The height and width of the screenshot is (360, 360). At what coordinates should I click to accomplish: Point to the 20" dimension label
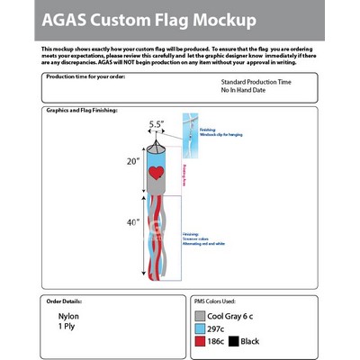click(132, 162)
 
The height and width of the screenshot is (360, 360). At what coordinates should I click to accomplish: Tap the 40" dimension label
click(132, 222)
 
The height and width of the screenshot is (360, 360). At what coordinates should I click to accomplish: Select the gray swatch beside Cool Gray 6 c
click(201, 316)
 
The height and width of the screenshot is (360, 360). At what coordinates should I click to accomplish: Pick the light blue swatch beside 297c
click(201, 329)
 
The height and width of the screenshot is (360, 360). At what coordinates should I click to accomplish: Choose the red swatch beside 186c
click(201, 343)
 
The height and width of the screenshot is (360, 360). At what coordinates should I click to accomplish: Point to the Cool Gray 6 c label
click(238, 316)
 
